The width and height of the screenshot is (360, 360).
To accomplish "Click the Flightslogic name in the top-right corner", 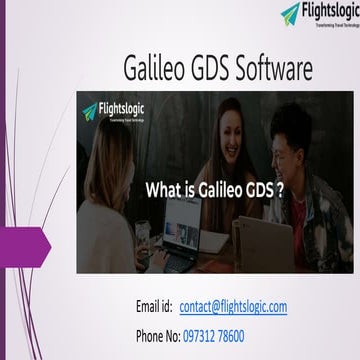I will click(x=321, y=11).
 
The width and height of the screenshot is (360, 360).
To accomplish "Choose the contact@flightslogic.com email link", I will click(x=233, y=306).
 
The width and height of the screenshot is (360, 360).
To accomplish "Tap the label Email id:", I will click(x=154, y=306).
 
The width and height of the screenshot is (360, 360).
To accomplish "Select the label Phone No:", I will click(x=157, y=336).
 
